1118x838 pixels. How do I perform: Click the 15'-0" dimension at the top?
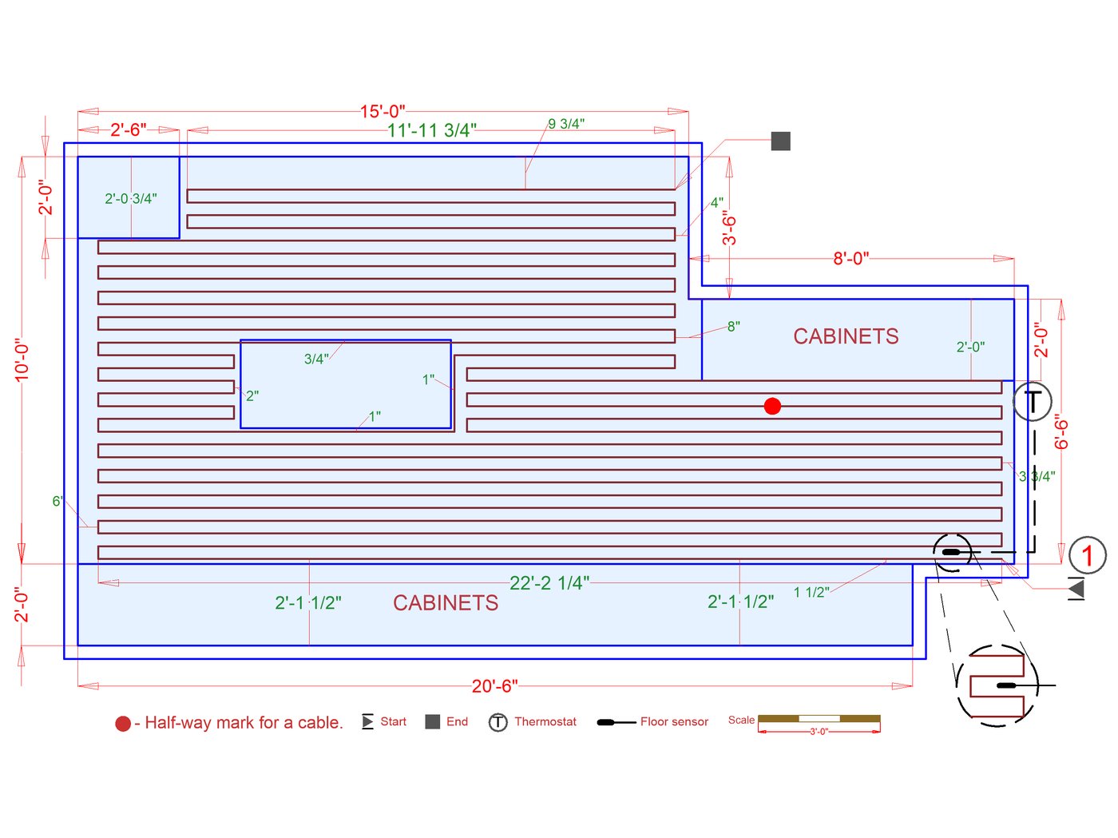(x=382, y=111)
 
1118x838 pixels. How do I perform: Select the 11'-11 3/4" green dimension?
(x=431, y=130)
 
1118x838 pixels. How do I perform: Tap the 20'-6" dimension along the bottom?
(x=494, y=686)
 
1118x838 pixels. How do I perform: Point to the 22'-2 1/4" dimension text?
(x=549, y=583)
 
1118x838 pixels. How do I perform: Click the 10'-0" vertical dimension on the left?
(x=22, y=359)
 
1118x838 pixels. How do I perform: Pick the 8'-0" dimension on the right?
(x=850, y=259)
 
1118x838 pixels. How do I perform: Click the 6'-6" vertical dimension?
(x=1061, y=431)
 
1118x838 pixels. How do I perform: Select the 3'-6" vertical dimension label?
(x=729, y=228)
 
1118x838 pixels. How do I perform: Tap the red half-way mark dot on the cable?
(x=772, y=407)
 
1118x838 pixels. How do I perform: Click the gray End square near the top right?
(x=781, y=141)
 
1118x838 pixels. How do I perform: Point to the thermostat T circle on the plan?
(x=1033, y=402)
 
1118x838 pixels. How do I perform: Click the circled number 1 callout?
(x=1087, y=555)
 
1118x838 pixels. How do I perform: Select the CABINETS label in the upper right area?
(x=846, y=336)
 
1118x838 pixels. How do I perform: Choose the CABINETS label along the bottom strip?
(x=446, y=603)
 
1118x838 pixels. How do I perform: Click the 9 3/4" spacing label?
(x=566, y=124)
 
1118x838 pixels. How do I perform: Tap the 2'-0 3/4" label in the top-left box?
(x=131, y=199)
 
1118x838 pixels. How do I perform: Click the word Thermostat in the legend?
(x=545, y=722)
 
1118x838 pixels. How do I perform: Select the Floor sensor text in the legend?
(x=674, y=722)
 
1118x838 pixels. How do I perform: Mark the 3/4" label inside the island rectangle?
(x=316, y=359)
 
